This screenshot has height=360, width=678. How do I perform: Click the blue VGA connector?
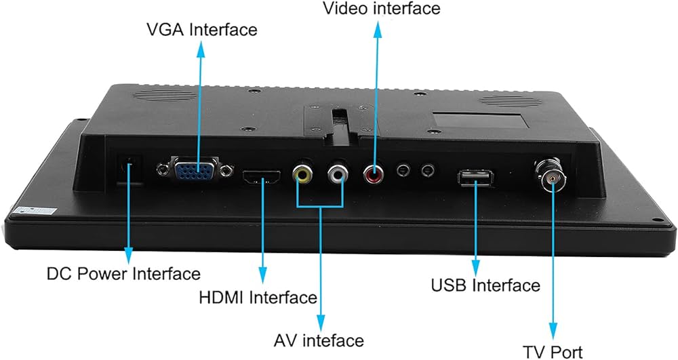tap(195, 169)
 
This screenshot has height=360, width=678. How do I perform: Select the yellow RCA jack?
tap(302, 175)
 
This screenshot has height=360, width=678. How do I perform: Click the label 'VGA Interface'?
tap(202, 30)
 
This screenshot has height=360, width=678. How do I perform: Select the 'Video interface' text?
tap(381, 8)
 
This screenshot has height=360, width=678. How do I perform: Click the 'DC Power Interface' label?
tap(123, 274)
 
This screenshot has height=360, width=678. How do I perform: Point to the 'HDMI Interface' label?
tap(258, 297)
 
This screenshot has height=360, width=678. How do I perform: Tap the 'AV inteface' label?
tap(319, 340)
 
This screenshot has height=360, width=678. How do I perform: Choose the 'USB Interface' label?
tap(485, 285)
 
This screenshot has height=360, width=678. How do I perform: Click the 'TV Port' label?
tap(553, 351)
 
